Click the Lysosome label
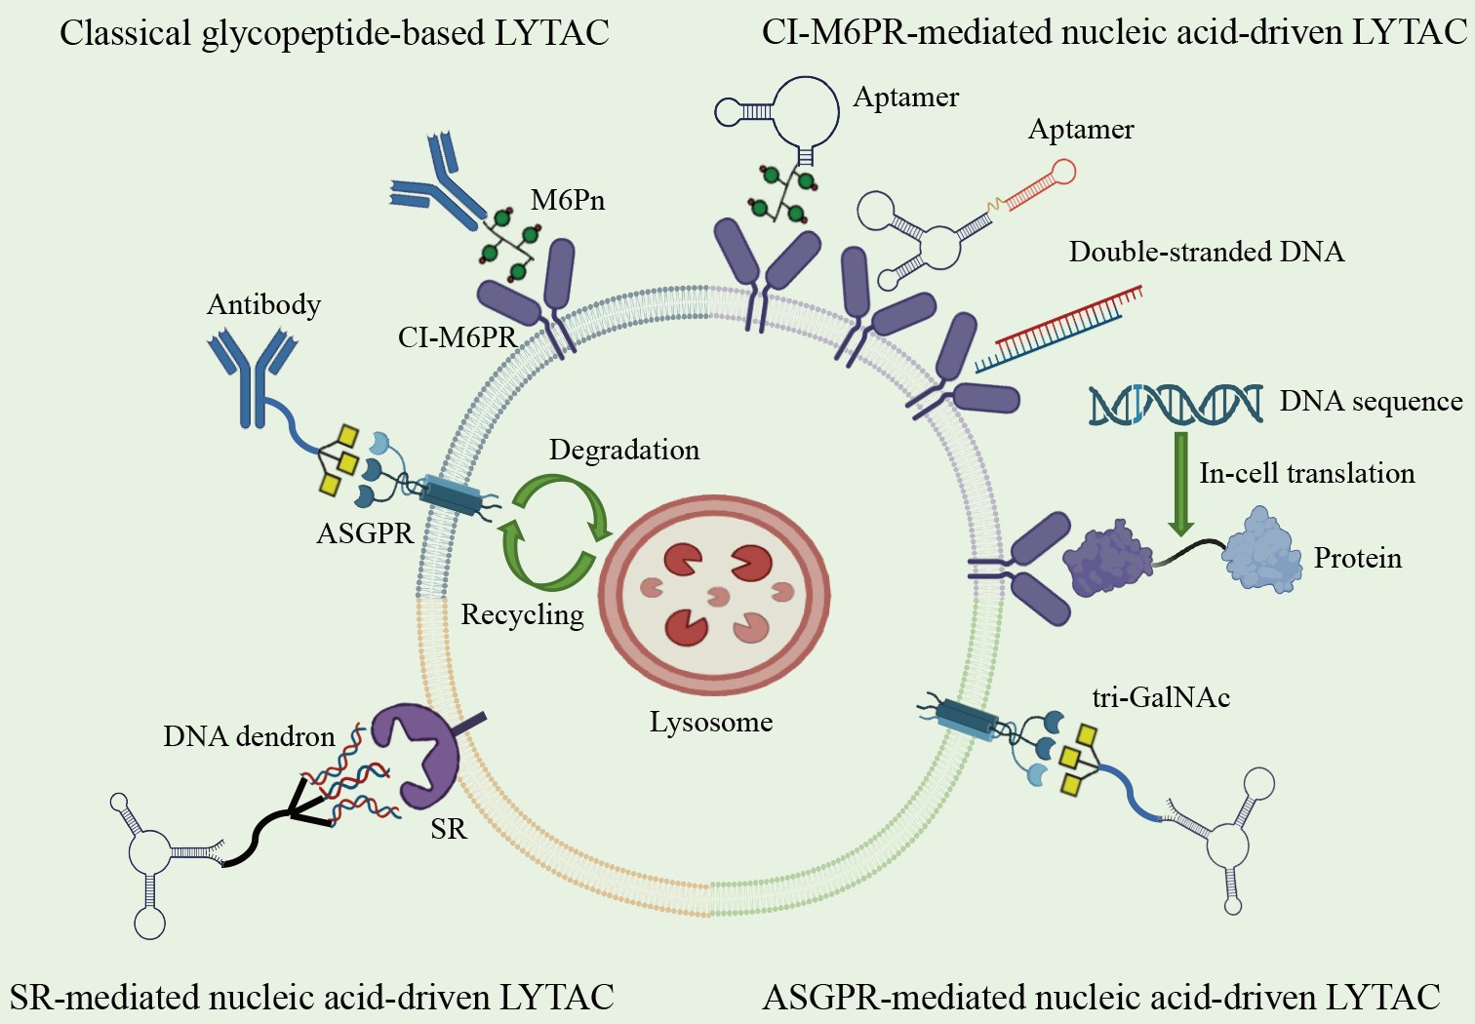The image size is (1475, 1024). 711,723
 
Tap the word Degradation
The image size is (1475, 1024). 624,450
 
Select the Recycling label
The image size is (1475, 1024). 522,614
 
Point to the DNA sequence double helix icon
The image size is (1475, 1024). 1176,404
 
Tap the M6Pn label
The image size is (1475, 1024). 568,201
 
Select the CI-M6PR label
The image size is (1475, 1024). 457,337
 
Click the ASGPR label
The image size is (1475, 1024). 365,533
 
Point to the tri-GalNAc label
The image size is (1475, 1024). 1161,697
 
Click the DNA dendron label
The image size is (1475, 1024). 249,736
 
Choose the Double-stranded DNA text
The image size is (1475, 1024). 1207,252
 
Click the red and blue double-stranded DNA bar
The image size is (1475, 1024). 1058,330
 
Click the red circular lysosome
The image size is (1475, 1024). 715,594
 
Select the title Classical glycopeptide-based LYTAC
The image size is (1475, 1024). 335,33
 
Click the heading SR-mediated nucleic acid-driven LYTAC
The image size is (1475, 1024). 312,998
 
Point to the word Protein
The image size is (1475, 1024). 1358,559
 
